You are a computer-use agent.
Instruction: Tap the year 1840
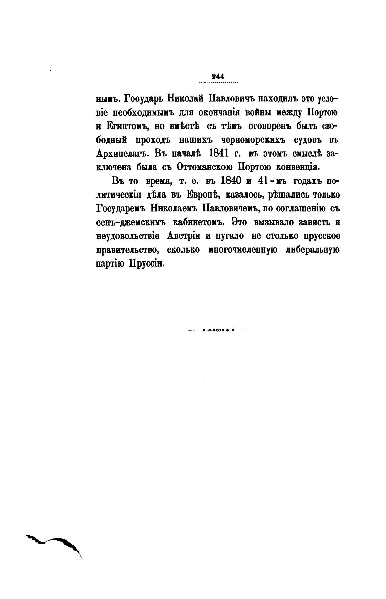point(230,181)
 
